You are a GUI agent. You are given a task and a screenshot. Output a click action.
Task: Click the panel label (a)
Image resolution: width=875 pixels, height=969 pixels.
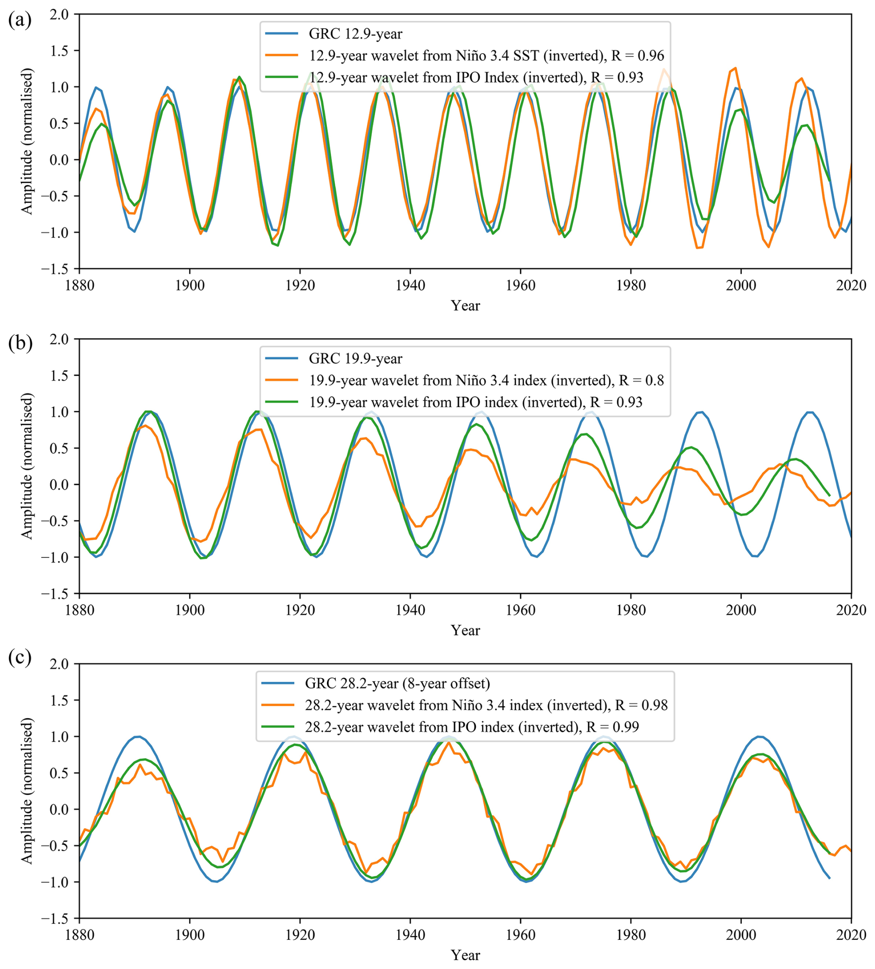pyautogui.click(x=20, y=20)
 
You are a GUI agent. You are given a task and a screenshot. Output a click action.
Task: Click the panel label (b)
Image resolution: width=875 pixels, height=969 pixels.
pyautogui.click(x=20, y=344)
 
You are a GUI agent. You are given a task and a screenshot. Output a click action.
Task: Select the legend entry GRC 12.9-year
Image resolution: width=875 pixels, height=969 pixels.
pyautogui.click(x=355, y=34)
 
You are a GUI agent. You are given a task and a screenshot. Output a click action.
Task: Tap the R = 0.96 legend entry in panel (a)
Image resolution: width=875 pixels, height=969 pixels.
pyautogui.click(x=486, y=56)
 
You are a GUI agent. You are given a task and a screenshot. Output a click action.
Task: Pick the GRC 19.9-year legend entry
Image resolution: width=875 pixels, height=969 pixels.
pyautogui.click(x=355, y=358)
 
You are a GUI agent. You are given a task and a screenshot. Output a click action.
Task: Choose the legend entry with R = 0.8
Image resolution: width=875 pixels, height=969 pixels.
pyautogui.click(x=486, y=380)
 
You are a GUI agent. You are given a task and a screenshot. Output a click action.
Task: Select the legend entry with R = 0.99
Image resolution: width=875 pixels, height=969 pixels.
pyautogui.click(x=471, y=726)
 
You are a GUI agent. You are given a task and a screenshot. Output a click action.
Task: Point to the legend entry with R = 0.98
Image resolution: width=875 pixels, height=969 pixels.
pyautogui.click(x=486, y=704)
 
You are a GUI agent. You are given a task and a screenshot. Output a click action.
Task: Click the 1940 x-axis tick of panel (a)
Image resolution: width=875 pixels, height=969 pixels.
pyautogui.click(x=410, y=285)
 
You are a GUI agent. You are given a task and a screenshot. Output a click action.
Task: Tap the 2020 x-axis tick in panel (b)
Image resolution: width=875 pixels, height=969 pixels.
pyautogui.click(x=851, y=610)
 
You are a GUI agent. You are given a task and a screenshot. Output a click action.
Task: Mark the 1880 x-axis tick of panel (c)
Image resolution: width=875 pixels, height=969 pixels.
pyautogui.click(x=79, y=935)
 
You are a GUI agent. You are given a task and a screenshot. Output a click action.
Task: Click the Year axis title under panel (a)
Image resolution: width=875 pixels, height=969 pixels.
pyautogui.click(x=465, y=306)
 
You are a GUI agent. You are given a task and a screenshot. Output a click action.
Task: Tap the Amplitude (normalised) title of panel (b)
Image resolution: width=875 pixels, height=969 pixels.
pyautogui.click(x=27, y=466)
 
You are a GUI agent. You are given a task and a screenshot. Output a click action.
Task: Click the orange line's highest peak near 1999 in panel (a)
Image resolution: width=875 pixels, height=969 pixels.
pyautogui.click(x=735, y=68)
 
